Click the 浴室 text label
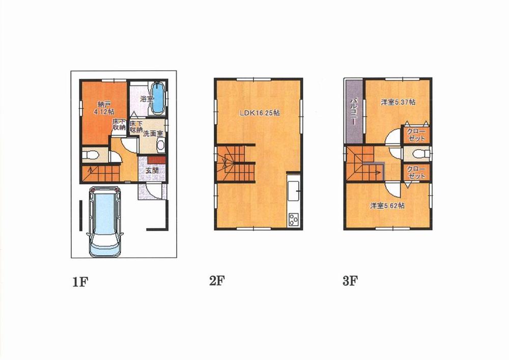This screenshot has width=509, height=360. click(147, 99)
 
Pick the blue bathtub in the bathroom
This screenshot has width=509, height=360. click(159, 98)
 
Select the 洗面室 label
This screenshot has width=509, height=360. click(153, 133)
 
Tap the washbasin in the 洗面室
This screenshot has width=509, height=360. click(161, 145)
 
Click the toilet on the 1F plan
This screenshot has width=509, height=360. click(89, 154)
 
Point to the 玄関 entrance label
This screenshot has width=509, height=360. click(152, 171)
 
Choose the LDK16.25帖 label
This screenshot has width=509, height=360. click(259, 114)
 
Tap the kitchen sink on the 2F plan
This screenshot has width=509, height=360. click(294, 192)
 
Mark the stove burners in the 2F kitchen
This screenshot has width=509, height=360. click(294, 219)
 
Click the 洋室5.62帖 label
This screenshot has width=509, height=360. click(387, 206)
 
